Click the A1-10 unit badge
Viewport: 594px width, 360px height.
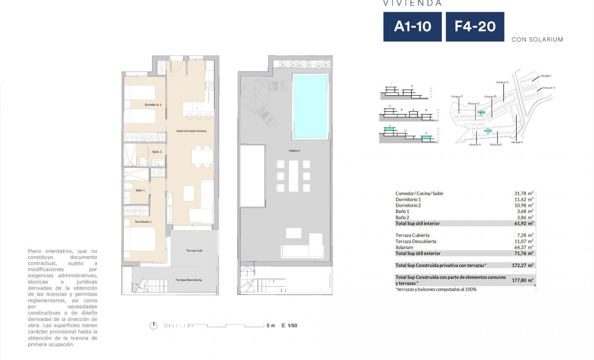coord(412,27)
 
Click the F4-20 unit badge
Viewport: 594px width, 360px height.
coord(475,27)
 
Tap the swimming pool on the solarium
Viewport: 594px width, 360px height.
coord(310,107)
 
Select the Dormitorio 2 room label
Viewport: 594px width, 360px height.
coord(153,105)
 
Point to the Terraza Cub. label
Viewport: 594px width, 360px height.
coord(193,250)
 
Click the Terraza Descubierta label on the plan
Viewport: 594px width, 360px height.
coord(189,280)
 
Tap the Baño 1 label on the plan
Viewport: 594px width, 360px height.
coord(140,190)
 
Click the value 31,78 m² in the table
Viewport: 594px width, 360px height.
coord(521,193)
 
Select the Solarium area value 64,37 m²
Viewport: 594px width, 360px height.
coord(521,247)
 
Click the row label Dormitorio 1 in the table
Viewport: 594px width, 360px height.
coord(408,199)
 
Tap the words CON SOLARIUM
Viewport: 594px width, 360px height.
coord(537,40)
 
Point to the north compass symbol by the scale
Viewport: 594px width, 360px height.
coord(154,325)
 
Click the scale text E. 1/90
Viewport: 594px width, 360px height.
coord(289,325)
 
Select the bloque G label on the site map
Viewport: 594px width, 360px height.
coord(502,82)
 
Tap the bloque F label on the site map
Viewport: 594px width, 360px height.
coord(457,96)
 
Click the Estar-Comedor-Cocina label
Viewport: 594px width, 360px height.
coord(189,130)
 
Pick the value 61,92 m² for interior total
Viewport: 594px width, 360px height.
coord(521,223)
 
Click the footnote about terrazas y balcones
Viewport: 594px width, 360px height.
coord(436,289)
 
